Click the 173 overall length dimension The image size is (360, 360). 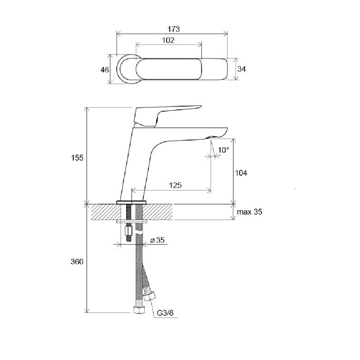tap(174, 29)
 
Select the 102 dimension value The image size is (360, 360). tap(168, 40)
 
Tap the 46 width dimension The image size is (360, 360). tap(104, 69)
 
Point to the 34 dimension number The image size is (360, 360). tap(242, 69)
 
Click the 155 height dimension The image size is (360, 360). tap(77, 158)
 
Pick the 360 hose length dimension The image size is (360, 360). tap(77, 261)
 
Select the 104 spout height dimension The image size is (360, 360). tap(241, 173)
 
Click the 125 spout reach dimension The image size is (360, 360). tap(175, 185)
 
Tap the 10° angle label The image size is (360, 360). tap(224, 150)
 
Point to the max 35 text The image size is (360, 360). tap(249, 212)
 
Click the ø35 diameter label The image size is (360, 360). tap(158, 240)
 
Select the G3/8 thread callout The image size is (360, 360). tap(165, 313)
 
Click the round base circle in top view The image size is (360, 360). tap(126, 69)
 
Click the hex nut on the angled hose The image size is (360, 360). tap(149, 296)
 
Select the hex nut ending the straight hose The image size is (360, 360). tap(139, 310)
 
